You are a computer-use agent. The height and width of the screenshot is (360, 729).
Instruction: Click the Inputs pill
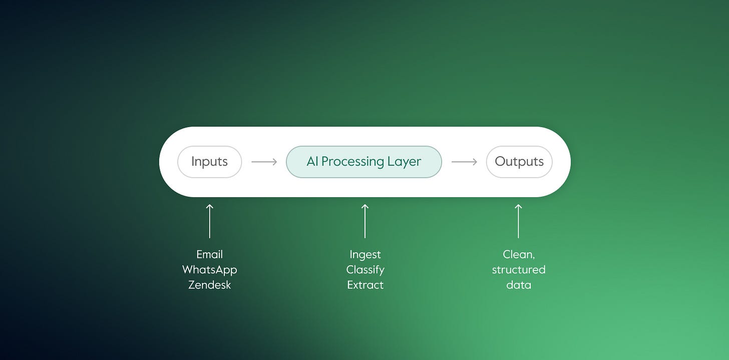point(209,162)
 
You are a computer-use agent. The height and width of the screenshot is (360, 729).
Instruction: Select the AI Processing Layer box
point(364,162)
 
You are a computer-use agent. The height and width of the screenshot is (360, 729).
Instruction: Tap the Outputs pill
point(519,162)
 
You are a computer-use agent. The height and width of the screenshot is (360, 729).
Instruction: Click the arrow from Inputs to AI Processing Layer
point(264,162)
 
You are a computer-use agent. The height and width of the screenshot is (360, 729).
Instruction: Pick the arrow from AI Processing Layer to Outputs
point(464,162)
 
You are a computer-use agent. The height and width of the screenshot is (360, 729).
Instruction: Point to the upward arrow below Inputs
point(210,221)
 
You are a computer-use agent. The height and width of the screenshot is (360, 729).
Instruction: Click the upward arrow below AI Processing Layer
point(365,221)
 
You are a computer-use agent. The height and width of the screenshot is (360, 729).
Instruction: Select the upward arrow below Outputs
point(518,221)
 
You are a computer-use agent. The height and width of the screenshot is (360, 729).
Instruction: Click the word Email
point(210,254)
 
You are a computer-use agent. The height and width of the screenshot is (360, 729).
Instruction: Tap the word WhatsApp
point(210,270)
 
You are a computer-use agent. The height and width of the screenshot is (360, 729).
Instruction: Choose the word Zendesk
point(210,285)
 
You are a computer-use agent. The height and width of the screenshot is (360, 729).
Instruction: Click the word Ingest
point(365,254)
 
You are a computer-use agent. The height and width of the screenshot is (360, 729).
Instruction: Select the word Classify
point(365,270)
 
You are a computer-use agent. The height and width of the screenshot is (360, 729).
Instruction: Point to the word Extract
point(365,285)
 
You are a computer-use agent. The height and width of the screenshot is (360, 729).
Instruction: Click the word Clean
point(518,254)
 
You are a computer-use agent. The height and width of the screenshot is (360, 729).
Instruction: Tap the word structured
point(518,270)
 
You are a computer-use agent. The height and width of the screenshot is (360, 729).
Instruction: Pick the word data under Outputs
point(518,285)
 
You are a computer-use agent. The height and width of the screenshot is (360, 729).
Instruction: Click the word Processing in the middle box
point(352,162)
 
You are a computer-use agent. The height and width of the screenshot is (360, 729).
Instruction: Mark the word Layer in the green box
point(404,162)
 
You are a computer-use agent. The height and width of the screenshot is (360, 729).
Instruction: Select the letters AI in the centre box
point(312,162)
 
